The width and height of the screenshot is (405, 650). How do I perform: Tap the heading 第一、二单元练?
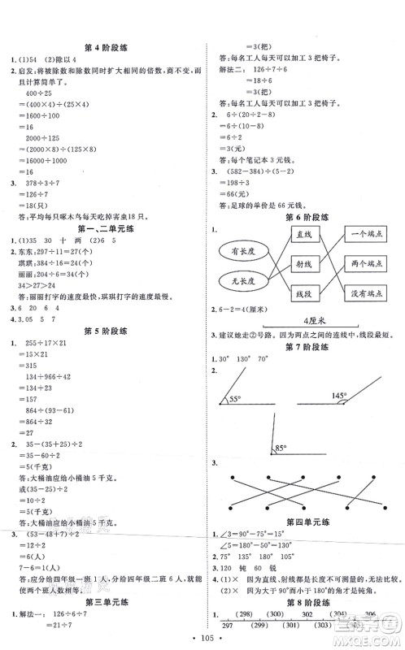pos(103,229)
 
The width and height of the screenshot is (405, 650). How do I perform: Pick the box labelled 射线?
pos(305,264)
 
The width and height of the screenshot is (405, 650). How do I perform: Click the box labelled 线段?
pos(305,294)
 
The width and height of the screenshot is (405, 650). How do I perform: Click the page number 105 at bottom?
pos(202,639)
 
